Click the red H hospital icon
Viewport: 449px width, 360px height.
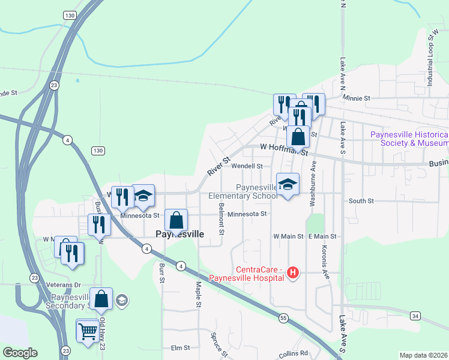coord(293,273)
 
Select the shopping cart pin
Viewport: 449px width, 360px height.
coord(88,331)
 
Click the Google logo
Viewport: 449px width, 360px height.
coord(20,353)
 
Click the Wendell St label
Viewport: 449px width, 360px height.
coord(247,166)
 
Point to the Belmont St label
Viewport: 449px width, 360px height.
coord(221,218)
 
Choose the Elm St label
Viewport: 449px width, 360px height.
coord(180,347)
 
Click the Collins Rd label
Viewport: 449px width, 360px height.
coord(293,353)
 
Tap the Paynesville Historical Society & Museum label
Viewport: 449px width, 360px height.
coord(408,139)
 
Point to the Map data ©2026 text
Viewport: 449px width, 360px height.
coord(423,355)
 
